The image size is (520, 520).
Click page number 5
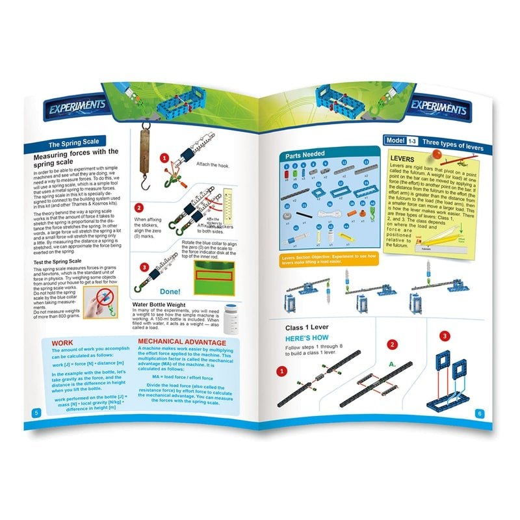click(x=36, y=413)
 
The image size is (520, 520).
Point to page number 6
click(x=479, y=413)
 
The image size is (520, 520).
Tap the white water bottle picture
click(x=231, y=319)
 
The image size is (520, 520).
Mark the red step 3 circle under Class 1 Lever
click(x=444, y=336)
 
